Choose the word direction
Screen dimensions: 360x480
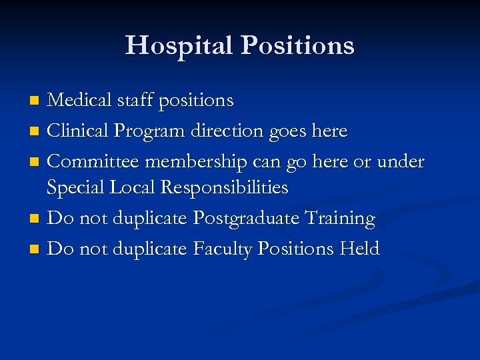click(228, 131)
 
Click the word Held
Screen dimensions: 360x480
click(359, 249)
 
